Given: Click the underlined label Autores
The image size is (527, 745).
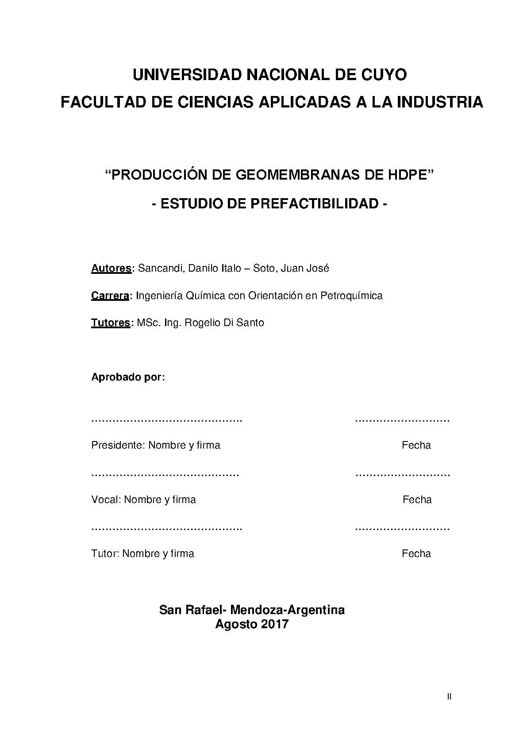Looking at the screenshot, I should (x=111, y=268).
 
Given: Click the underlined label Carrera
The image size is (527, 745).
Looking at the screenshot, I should (x=110, y=296).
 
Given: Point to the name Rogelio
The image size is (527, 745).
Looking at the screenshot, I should (x=200, y=323).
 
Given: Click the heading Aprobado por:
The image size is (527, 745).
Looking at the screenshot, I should (x=128, y=377).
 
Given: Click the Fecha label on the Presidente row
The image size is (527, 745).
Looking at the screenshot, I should (x=416, y=445).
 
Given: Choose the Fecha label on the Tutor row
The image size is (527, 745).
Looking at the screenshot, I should (x=416, y=553).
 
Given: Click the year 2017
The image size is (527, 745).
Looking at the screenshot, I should (x=274, y=624).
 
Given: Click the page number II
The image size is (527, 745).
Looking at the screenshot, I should (x=449, y=697).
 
